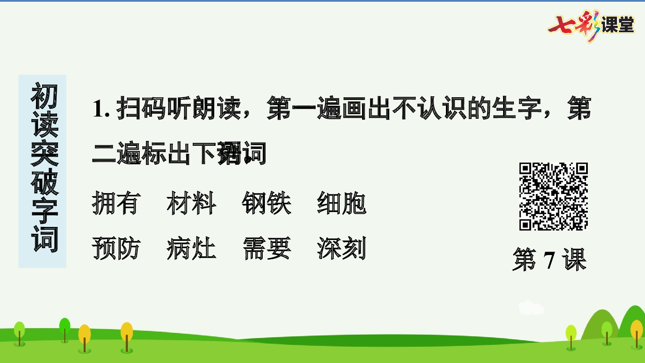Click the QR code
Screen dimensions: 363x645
coord(553,197)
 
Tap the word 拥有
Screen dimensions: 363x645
coord(116,203)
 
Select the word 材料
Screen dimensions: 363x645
coord(191,203)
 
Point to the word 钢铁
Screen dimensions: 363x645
coord(267,203)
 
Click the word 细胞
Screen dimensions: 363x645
coord(342,203)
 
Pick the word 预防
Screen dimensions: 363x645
coord(116,248)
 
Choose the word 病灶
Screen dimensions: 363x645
coord(191,248)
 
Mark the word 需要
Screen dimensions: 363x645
coord(267,248)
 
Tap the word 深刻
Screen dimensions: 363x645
coord(342,248)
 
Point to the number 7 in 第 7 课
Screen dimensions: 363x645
coord(549,260)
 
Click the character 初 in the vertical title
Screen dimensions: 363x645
coord(44,96)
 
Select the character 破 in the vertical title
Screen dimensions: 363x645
coord(44,181)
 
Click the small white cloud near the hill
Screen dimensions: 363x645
coord(531,308)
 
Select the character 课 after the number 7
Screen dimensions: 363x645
coord(574,260)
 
